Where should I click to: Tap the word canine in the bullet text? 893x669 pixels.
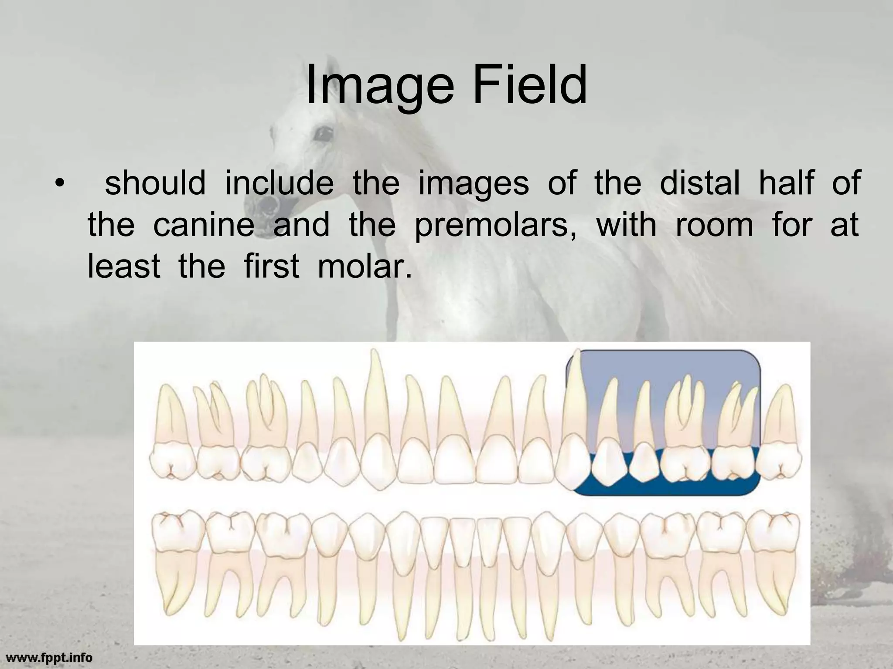tap(204, 225)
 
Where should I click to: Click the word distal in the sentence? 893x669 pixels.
tap(700, 183)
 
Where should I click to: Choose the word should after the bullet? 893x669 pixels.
tap(155, 183)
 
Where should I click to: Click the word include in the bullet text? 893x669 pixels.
tap(279, 183)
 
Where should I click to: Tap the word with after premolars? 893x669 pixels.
tap(626, 225)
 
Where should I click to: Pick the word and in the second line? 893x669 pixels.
tap(301, 225)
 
